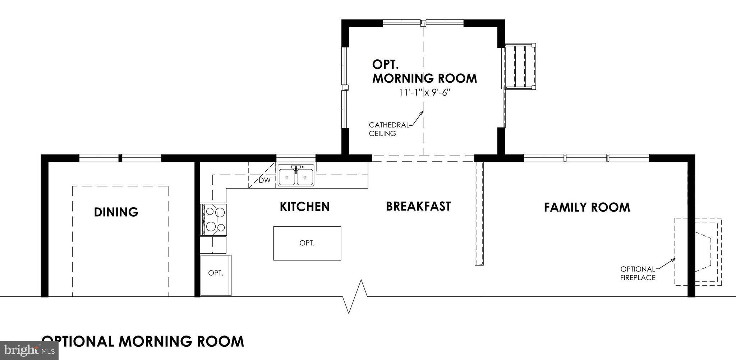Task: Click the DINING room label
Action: coord(116,212)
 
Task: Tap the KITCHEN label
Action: coord(304,207)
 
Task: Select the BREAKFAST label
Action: coord(418,206)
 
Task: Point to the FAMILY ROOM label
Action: coord(586,207)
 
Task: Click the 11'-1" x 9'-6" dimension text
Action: coord(424,93)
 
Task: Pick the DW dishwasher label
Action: coord(264,180)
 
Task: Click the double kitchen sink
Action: coord(296,176)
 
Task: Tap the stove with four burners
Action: coord(213,220)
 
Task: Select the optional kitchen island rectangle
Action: coord(307,243)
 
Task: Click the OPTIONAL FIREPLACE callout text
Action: coord(638,273)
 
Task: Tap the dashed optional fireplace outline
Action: coord(698,251)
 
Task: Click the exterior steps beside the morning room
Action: coord(520,66)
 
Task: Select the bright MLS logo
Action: coord(29,350)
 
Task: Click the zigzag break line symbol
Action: coord(354,296)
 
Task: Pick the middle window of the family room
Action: coord(586,157)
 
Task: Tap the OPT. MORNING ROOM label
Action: coord(424,71)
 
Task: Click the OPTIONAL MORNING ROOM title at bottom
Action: coord(143,341)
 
